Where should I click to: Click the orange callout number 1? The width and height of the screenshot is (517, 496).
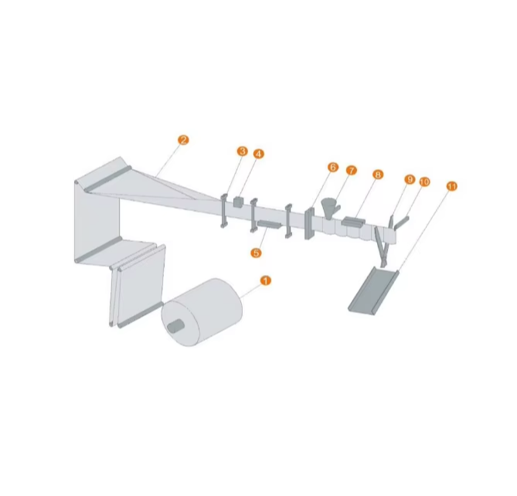point(266,280)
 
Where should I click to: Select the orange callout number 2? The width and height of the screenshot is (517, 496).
point(182,140)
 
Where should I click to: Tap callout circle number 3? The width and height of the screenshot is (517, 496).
point(242,151)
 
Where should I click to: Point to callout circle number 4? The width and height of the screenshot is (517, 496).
point(258,154)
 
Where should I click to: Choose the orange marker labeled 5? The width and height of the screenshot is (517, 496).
point(257,252)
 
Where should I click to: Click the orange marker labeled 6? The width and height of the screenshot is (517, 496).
point(333,167)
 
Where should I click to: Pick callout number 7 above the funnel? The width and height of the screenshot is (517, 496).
point(352,170)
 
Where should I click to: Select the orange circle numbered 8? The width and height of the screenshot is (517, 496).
point(377,175)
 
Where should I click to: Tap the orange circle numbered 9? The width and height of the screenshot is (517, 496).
point(410,179)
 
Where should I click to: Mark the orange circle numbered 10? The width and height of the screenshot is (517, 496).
point(424,182)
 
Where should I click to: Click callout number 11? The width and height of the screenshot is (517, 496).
point(452,186)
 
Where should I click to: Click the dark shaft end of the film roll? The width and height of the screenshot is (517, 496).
point(176,326)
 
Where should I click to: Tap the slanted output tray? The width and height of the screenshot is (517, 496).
point(374,290)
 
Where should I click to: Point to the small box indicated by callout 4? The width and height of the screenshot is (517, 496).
point(238,202)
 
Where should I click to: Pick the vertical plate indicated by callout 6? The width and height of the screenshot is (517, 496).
point(308,223)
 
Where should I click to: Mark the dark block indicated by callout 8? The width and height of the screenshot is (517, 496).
point(353,222)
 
